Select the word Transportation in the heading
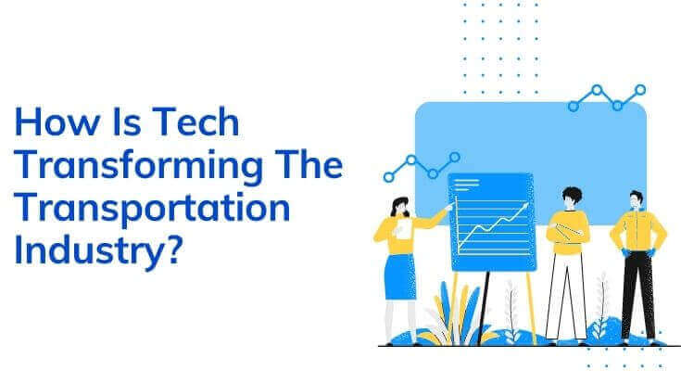[152, 210]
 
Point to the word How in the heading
[57, 122]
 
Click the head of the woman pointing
[400, 207]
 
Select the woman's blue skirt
[400, 276]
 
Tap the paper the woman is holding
[403, 229]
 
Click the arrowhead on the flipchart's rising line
[525, 206]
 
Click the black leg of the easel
[483, 308]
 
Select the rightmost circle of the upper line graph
[640, 90]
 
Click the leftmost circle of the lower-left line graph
[389, 177]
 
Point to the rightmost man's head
[637, 200]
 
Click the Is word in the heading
[126, 122]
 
